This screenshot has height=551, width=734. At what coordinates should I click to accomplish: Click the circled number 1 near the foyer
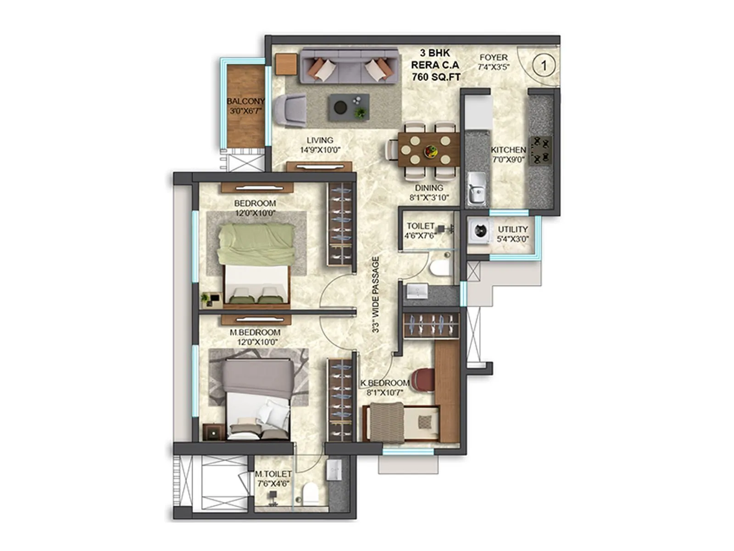tap(544, 66)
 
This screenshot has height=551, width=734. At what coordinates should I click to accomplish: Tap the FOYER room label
tap(494, 57)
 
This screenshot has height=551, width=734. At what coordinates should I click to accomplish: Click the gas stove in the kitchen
tap(540, 151)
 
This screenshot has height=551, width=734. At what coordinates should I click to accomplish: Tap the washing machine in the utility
tap(479, 231)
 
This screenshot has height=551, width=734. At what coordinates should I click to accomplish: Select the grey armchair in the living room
tap(289, 111)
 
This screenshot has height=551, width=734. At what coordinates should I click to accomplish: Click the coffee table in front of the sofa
tap(349, 107)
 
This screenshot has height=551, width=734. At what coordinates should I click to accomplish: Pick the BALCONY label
tap(245, 101)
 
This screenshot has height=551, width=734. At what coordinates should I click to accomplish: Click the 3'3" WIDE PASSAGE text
tap(376, 294)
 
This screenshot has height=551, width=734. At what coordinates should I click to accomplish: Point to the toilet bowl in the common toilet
tap(441, 268)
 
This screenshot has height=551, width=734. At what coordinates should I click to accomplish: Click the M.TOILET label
tap(273, 473)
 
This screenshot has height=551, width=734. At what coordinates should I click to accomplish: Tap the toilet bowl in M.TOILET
tap(311, 493)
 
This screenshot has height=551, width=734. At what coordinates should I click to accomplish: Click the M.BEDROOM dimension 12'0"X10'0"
tap(257, 342)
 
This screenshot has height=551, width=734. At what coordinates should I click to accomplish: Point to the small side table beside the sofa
tap(287, 64)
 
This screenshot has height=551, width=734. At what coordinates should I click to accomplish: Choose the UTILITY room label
tap(513, 229)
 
